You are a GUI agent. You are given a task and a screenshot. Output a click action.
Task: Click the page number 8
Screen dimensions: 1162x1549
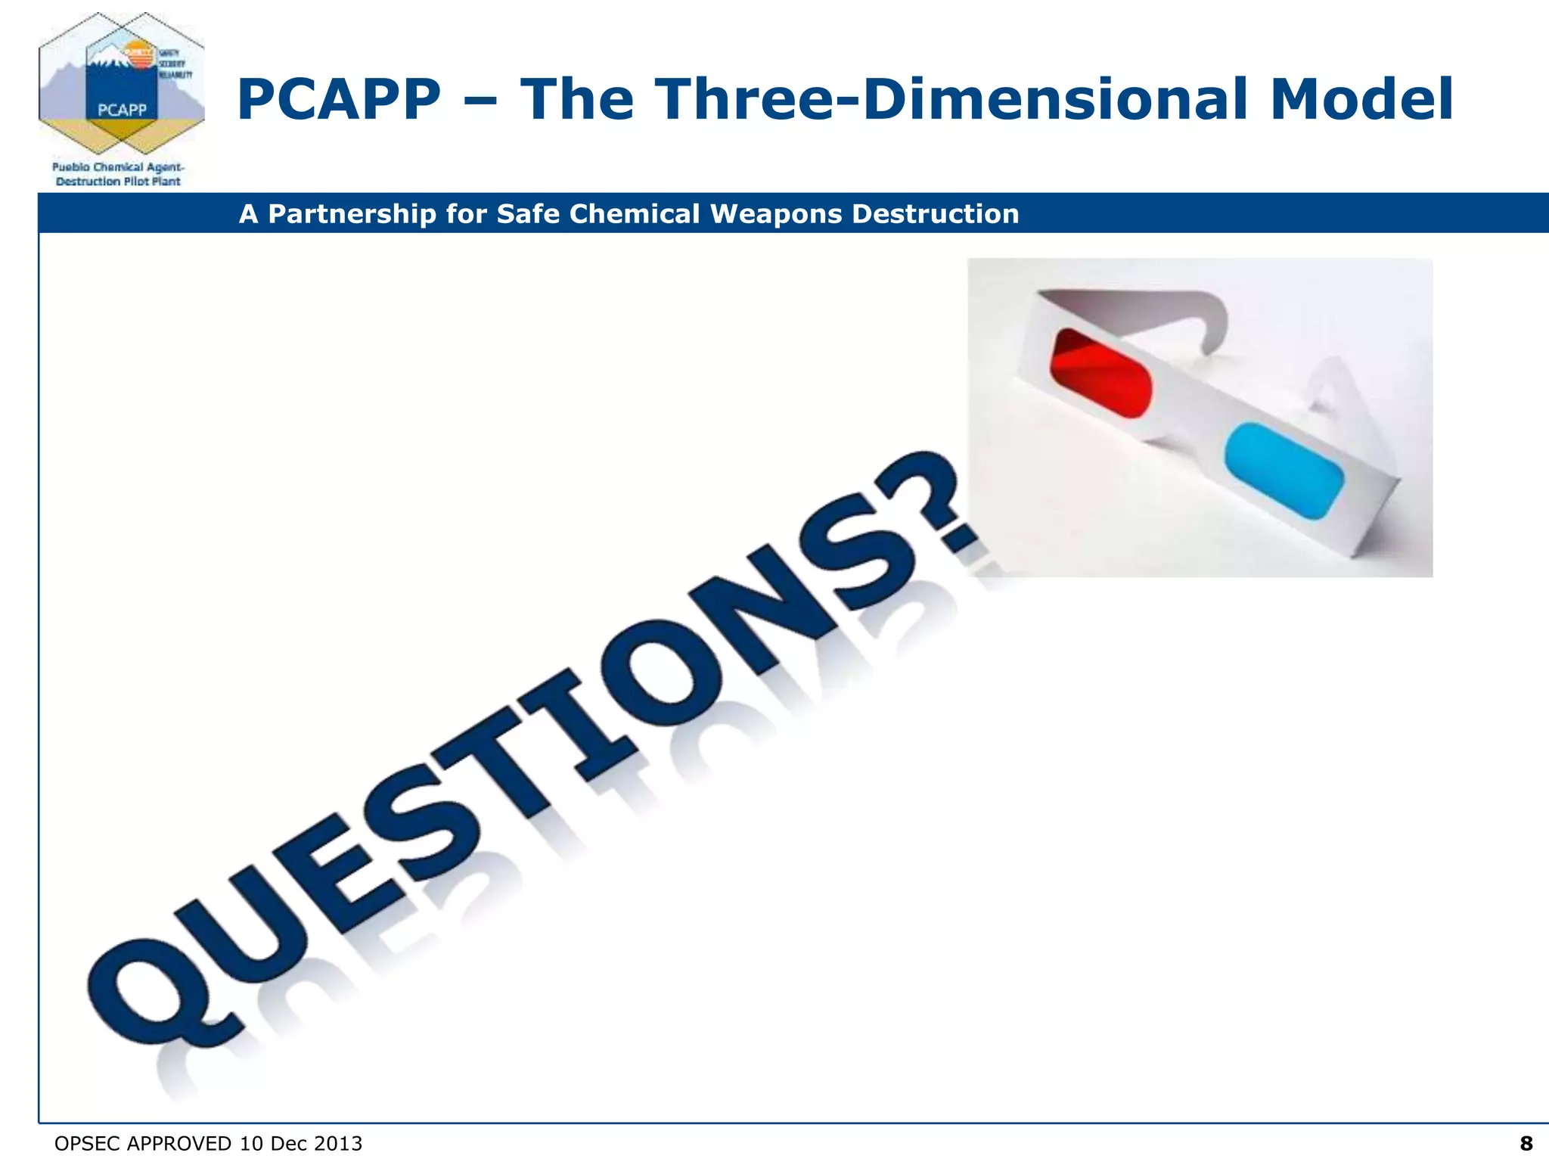pyautogui.click(x=1526, y=1143)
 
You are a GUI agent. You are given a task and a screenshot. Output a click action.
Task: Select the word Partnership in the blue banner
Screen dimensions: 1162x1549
pyautogui.click(x=352, y=214)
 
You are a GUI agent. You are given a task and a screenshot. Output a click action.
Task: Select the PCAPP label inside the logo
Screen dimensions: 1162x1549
pyautogui.click(x=122, y=110)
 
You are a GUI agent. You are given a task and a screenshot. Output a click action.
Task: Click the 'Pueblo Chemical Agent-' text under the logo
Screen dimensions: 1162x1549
pyautogui.click(x=118, y=167)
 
